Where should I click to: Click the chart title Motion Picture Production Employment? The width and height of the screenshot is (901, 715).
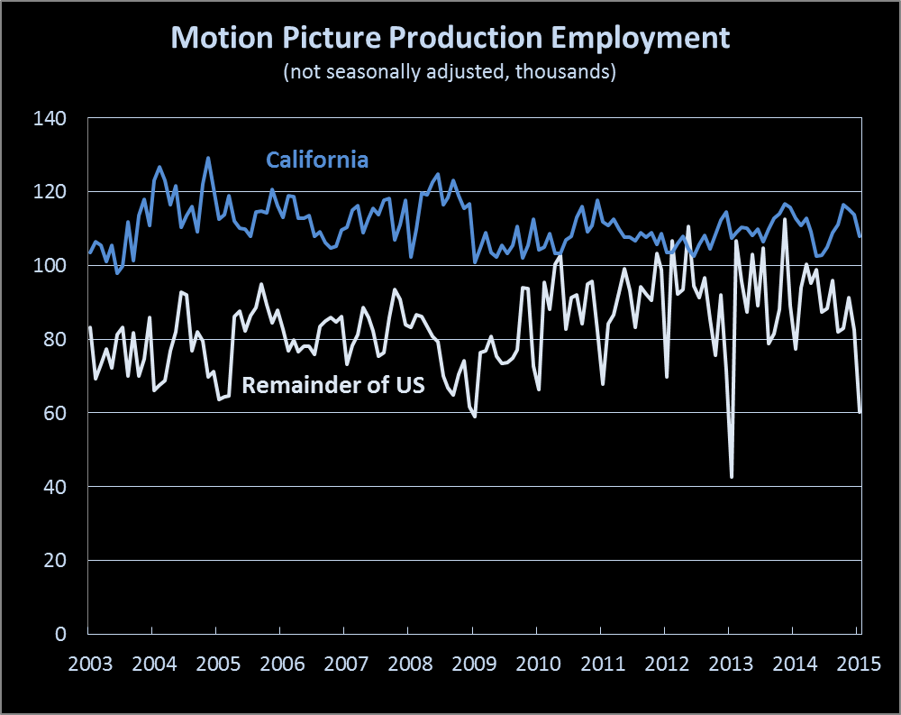tap(450, 39)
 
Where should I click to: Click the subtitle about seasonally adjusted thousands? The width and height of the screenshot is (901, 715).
tap(450, 73)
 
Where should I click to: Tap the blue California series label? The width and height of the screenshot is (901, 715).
tap(317, 160)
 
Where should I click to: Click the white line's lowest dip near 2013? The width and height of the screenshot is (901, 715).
tap(732, 477)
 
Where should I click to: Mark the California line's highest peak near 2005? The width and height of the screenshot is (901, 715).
tap(208, 159)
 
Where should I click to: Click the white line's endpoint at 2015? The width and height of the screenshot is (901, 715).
tap(860, 412)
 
